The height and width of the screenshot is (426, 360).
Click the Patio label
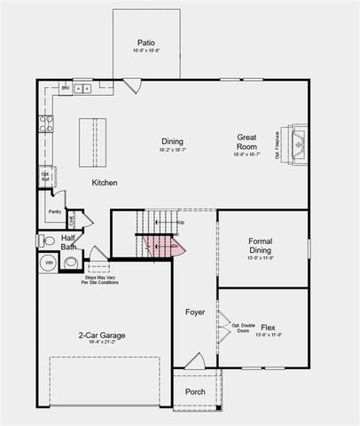[x=146, y=43]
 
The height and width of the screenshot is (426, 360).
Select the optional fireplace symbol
[x=297, y=140]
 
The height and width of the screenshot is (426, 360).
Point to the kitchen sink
[x=82, y=88]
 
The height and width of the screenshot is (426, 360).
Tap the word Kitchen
[x=105, y=183]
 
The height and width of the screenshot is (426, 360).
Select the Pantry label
[x=54, y=212]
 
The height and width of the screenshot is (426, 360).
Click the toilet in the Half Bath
[x=49, y=240]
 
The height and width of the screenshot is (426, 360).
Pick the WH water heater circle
[x=49, y=263]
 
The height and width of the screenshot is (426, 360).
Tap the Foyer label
[x=195, y=312]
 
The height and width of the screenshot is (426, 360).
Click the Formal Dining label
[x=261, y=246]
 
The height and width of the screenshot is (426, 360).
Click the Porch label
[x=194, y=391]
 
